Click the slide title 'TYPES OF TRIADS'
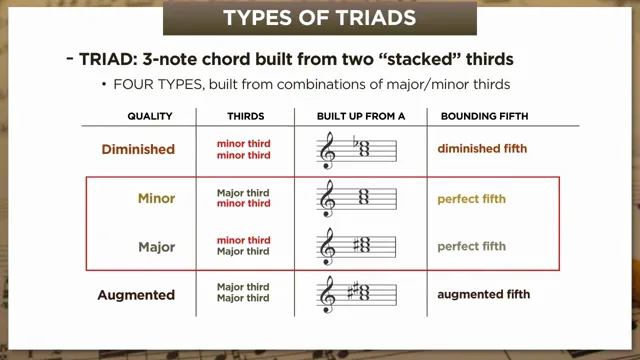pyautogui.click(x=319, y=17)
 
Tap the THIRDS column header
pyautogui.click(x=245, y=117)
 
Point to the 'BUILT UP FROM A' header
pyautogui.click(x=361, y=117)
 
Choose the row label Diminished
pyautogui.click(x=138, y=150)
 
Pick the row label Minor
pyautogui.click(x=156, y=198)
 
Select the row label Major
pyautogui.click(x=156, y=246)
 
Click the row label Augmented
pyautogui.click(x=136, y=295)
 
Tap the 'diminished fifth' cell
pyautogui.click(x=482, y=150)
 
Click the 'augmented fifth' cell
pyautogui.click(x=484, y=295)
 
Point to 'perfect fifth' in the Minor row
pyautogui.click(x=471, y=198)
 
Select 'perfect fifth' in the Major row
pyautogui.click(x=471, y=246)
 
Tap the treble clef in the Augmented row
pyautogui.click(x=327, y=296)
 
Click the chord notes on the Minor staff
pyautogui.click(x=365, y=198)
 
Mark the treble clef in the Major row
pyautogui.click(x=327, y=247)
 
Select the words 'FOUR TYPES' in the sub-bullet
pyautogui.click(x=149, y=84)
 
